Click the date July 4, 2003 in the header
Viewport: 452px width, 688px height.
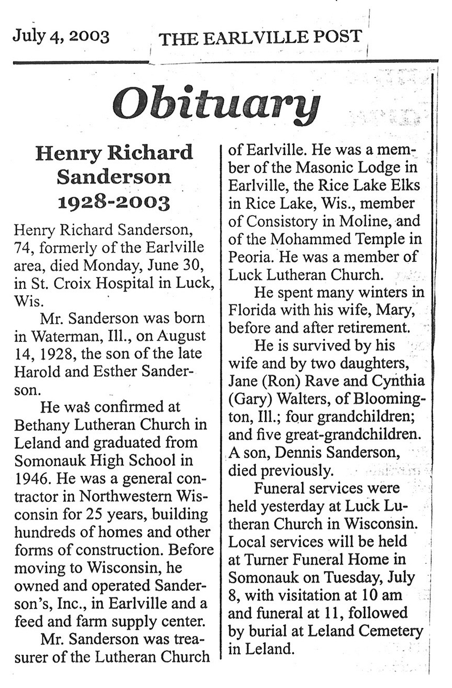click(61, 36)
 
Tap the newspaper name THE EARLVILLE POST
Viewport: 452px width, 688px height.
click(260, 37)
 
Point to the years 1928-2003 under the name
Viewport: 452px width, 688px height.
click(114, 202)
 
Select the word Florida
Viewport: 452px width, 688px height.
click(253, 311)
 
